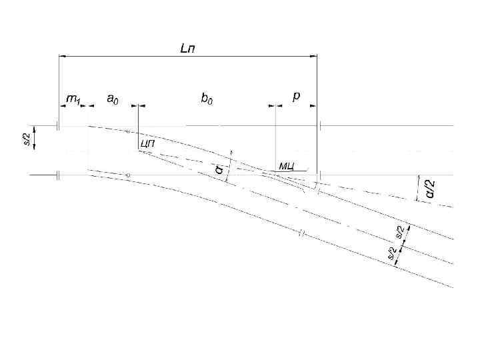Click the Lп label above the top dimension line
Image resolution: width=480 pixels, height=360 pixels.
[188, 49]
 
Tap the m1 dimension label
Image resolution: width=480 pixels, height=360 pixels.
[72, 99]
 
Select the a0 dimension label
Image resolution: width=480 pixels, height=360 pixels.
[113, 99]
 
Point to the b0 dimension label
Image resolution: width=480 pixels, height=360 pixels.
[207, 99]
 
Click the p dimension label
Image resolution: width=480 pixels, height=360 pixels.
[296, 97]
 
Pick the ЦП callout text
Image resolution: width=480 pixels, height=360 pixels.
[147, 143]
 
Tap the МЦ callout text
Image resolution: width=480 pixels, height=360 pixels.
[287, 165]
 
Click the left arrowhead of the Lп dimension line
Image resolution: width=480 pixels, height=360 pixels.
[62, 57]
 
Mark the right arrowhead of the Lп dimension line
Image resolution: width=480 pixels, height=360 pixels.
[314, 57]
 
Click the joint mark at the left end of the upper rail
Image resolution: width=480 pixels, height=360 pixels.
[58, 125]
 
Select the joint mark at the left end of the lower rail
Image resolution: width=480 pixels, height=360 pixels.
[58, 175]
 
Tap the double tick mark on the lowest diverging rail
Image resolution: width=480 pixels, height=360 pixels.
[301, 234]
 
